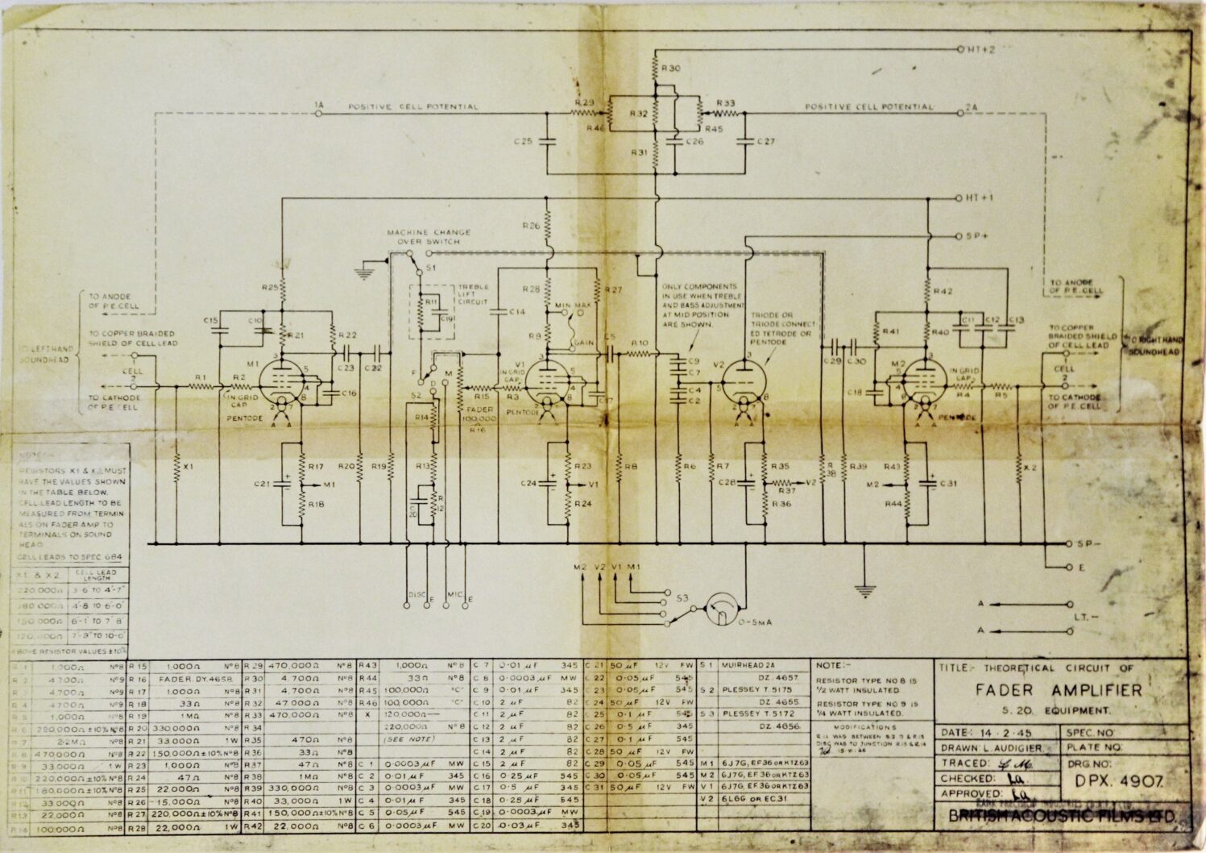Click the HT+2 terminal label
coord(980,49)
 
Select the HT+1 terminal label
coord(980,198)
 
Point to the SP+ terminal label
coord(976,235)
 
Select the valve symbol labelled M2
coord(924,381)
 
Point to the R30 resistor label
coord(670,69)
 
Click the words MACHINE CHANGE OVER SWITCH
coord(429,236)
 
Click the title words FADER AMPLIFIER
coord(1058,690)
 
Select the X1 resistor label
coord(188,467)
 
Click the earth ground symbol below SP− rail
coord(864,593)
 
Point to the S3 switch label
coord(682,597)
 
